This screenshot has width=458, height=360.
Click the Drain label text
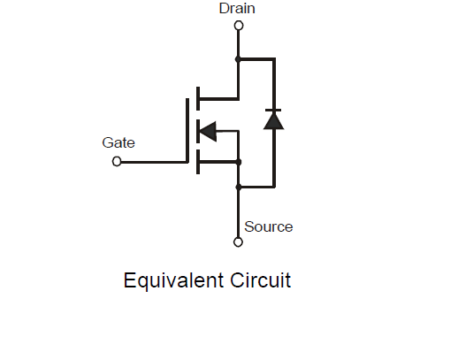coord(237,8)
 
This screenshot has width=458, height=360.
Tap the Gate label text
coord(118,142)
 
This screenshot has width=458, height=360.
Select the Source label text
coord(269,226)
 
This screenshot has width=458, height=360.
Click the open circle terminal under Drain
coord(239,26)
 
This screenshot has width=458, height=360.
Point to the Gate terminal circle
coord(117,162)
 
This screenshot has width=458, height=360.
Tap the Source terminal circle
coord(238,242)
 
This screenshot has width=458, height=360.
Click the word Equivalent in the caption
coord(173,280)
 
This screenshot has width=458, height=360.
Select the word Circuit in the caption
coord(261,280)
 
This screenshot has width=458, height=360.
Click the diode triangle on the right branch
coord(273,121)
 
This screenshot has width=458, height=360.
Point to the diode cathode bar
coord(273,111)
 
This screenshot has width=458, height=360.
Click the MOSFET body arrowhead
coord(208,131)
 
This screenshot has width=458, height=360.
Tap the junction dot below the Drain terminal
coord(238,59)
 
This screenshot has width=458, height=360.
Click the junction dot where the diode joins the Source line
coord(239,187)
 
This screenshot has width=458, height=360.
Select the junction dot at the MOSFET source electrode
coord(239,162)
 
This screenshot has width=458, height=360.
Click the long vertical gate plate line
coord(187,130)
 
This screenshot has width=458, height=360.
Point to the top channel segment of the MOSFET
coord(198,98)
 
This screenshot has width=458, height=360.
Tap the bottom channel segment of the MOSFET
coord(198,162)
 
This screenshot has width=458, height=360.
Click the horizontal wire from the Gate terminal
coord(154,162)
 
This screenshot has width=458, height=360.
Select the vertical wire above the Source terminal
coord(238,212)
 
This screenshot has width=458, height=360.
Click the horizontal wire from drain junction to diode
coord(256,59)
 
